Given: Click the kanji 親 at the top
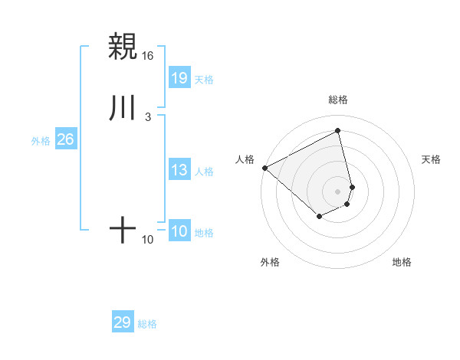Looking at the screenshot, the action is (123, 47).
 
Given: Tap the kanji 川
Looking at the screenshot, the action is (123, 108).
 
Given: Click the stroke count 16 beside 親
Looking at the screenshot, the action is (148, 56).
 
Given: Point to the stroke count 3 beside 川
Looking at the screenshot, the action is (147, 117).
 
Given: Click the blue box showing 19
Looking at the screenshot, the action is (179, 77).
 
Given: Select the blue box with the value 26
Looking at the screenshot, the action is (66, 139).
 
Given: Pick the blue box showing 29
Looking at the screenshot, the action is (123, 322).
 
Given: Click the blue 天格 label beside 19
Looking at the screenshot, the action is (204, 80).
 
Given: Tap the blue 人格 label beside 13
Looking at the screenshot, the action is (204, 172).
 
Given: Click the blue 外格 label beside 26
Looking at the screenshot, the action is (41, 141).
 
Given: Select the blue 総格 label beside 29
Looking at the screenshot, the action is (147, 324).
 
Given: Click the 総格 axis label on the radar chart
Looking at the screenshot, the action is (338, 100).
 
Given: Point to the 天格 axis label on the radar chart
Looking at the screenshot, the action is (432, 159).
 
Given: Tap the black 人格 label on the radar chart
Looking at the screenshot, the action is (245, 159).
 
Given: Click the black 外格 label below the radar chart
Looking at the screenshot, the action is (270, 262).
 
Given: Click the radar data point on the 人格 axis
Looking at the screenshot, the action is (264, 167).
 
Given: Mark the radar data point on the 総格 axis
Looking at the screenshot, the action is (338, 130).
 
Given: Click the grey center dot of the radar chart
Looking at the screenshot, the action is (338, 191).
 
